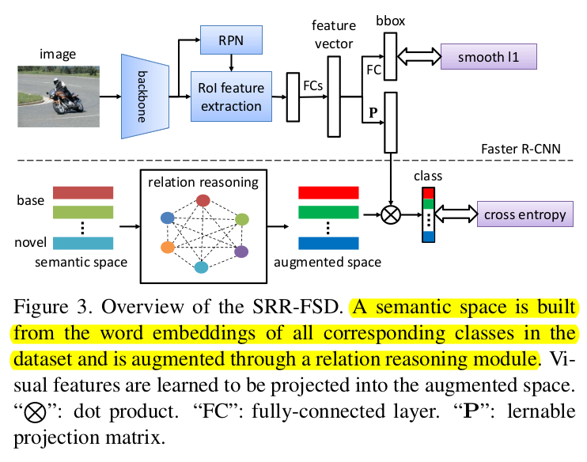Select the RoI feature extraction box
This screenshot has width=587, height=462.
(x=230, y=95)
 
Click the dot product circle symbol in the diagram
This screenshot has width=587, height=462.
(x=390, y=214)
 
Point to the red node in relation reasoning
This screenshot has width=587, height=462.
(x=203, y=200)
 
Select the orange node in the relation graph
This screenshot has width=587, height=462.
(x=167, y=248)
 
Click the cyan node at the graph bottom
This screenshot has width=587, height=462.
(x=202, y=267)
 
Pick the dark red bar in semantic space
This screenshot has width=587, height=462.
(x=84, y=193)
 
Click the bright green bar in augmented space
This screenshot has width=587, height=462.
(x=328, y=212)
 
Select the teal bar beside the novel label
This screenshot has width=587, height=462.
(x=84, y=243)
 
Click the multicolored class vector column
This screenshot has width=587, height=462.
(x=428, y=214)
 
